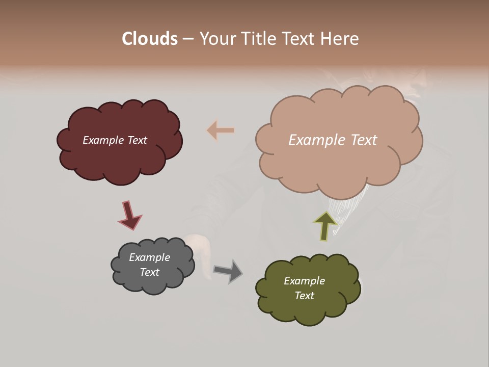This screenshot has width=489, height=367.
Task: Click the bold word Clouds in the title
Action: click(x=150, y=39)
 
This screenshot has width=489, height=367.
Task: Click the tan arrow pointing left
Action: click(x=221, y=130)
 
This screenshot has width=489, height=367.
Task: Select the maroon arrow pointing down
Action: click(x=130, y=215)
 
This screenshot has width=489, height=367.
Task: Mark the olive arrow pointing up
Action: click(x=325, y=225)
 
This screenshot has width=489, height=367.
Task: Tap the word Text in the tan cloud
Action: click(x=360, y=140)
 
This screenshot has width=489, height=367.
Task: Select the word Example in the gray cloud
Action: click(x=149, y=257)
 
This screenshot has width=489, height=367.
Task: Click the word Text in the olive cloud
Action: click(x=304, y=296)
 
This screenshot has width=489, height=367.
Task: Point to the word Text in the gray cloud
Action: click(x=149, y=272)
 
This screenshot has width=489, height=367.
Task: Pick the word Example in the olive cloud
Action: click(x=304, y=281)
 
